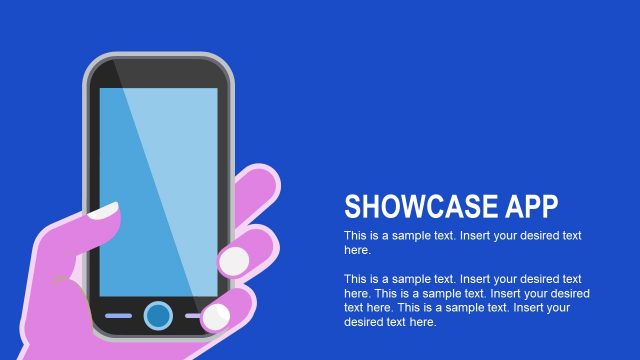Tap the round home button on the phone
coord(157,316)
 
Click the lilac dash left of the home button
coord(118,316)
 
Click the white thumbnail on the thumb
coord(104,211)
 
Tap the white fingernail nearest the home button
coord(216,318)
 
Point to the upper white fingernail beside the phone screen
coord(234,261)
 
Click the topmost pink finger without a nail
coord(256,190)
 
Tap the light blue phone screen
coord(158,190)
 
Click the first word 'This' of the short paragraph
coord(355,236)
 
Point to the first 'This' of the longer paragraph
coord(355,279)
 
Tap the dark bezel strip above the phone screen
coord(158,74)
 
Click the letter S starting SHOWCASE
coord(352,207)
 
